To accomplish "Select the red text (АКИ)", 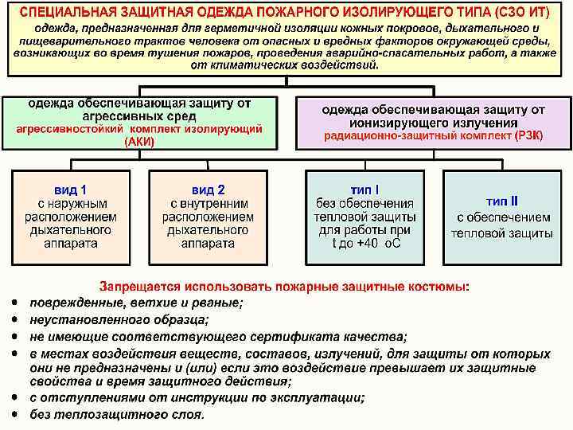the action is click(x=140, y=142).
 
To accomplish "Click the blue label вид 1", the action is click(x=71, y=190).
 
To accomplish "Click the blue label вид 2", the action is click(x=208, y=190).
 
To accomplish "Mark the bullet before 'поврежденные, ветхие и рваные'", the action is click(x=15, y=303).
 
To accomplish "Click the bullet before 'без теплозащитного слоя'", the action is click(x=15, y=414).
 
